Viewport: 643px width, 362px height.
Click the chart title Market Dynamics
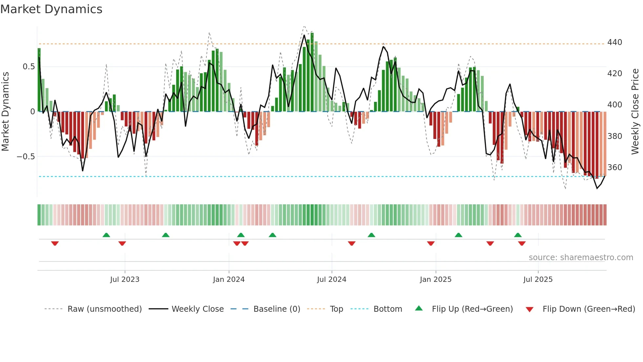click(x=51, y=9)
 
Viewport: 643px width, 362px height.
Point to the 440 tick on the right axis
click(x=614, y=42)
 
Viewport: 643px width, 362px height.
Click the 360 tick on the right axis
click(x=614, y=168)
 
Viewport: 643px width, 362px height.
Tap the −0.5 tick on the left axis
click(x=26, y=157)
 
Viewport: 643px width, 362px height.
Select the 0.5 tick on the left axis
click(x=29, y=67)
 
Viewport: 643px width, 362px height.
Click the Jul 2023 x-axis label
click(x=125, y=280)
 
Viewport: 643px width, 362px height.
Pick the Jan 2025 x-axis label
click(x=435, y=280)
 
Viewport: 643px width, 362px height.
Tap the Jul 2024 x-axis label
click(x=331, y=280)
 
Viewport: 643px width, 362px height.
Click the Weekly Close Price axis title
click(x=635, y=112)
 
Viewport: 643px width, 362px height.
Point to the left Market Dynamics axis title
click(x=5, y=112)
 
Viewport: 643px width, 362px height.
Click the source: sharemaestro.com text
click(x=581, y=258)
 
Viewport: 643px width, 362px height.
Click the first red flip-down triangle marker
click(x=55, y=243)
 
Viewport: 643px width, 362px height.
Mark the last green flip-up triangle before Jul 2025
click(x=518, y=235)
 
